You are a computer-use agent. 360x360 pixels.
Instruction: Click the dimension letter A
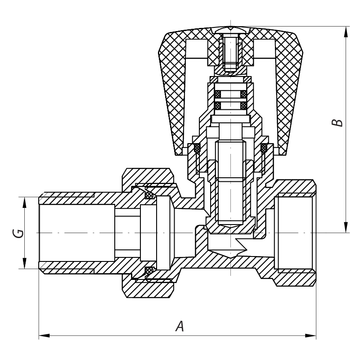coord(180,326)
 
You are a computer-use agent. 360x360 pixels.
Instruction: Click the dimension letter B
coord(337,123)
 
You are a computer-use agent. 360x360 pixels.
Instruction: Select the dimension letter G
coord(17,233)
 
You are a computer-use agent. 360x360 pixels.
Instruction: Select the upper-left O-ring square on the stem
coord(218,94)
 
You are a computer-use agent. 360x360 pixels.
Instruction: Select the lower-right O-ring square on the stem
coord(243,106)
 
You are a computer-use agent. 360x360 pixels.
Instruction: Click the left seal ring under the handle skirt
coord(197,147)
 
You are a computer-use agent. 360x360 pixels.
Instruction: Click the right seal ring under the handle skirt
coord(264,147)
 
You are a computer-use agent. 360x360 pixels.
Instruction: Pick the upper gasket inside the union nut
coord(149,195)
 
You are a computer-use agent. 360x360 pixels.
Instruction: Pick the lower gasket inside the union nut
coord(149,270)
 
